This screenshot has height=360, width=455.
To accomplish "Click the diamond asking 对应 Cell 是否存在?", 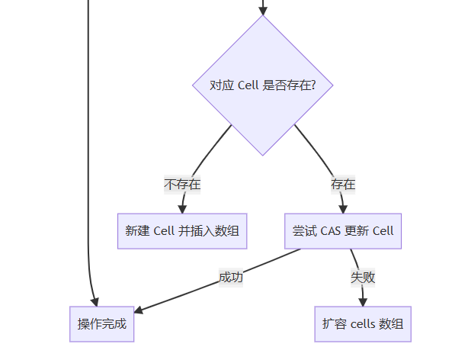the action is [x=263, y=85].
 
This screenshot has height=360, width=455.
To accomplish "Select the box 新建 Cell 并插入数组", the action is [x=182, y=231].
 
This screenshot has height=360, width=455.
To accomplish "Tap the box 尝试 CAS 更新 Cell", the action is [x=343, y=231].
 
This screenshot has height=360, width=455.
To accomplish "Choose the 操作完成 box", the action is [x=102, y=324].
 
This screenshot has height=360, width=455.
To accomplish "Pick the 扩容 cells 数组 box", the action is [x=363, y=324].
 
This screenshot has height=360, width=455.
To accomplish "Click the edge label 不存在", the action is [x=182, y=185].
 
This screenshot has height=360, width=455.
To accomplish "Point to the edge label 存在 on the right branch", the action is [x=343, y=185].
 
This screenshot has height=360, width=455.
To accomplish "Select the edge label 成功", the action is [x=231, y=278].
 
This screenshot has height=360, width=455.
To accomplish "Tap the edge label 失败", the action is [x=363, y=278].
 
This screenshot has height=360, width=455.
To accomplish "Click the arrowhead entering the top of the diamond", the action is [x=263, y=11].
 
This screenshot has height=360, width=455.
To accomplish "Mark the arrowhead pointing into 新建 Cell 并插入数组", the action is [x=182, y=209].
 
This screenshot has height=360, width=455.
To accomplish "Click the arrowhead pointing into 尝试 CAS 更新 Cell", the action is [x=343, y=209].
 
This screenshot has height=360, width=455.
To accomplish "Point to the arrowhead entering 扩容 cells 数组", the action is [x=363, y=302].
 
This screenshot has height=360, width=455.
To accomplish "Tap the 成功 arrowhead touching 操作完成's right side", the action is [x=139, y=310].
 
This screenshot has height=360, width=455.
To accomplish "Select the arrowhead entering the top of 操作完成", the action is [x=95, y=302].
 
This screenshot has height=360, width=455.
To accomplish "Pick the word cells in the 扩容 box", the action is [x=363, y=324].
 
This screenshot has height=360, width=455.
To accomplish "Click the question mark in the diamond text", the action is [x=312, y=85].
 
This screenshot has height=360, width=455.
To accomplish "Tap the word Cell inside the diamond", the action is [x=248, y=85].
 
